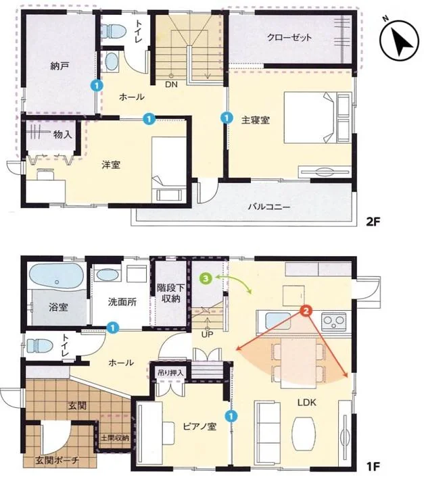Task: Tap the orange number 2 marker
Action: coord(306,311)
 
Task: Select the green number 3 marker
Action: coord(206,278)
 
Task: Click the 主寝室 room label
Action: coord(255,120)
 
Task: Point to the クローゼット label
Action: coord(289,37)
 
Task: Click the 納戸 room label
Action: coord(59,66)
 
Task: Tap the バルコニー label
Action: coord(269,207)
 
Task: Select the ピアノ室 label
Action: coord(199,426)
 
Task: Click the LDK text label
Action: coord(306,403)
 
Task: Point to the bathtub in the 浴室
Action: coord(56,276)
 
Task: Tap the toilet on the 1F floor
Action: coord(40,345)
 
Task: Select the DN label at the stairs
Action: coord(171,84)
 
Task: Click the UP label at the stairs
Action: coord(207,334)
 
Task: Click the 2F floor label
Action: coord(373,222)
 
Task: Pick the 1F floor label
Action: coord(373,466)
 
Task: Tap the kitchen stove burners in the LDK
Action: coord(334,321)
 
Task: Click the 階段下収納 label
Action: coord(170,294)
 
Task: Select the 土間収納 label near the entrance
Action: coord(115,438)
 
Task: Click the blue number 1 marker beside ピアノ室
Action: coord(231,416)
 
